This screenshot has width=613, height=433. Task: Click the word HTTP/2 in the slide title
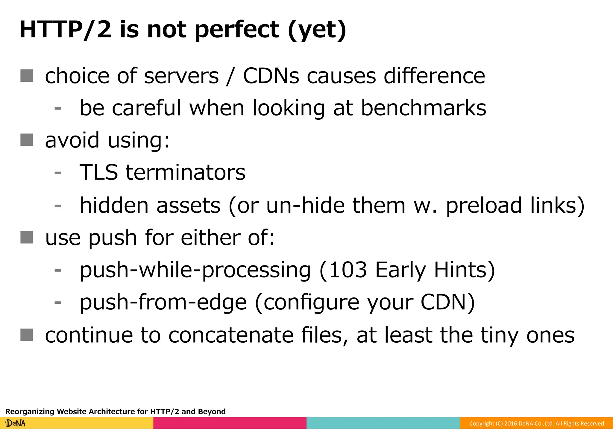(x=65, y=30)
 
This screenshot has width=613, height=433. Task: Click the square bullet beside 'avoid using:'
(x=27, y=140)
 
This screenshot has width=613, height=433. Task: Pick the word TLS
(x=99, y=172)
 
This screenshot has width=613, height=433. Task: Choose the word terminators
(x=186, y=172)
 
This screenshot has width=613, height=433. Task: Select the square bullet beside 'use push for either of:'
(x=27, y=237)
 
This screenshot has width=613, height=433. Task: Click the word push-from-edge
(x=163, y=302)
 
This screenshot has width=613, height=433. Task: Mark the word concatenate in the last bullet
(x=231, y=335)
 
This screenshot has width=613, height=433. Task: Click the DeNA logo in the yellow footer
(x=16, y=423)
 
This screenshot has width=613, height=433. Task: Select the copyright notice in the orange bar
(x=537, y=423)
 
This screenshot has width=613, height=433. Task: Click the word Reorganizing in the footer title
(x=30, y=411)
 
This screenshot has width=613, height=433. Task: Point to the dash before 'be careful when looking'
(x=58, y=108)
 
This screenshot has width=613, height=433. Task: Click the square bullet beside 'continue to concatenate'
(x=27, y=335)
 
